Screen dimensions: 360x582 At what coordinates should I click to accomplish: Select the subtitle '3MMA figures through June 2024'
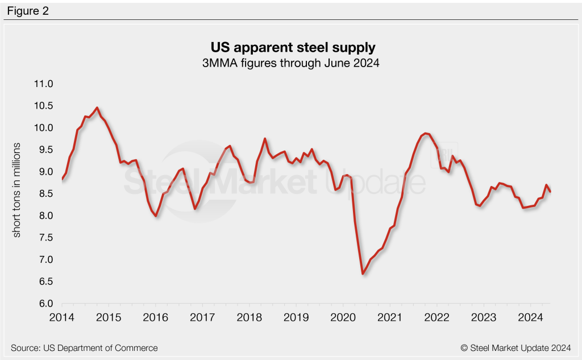tap(290, 64)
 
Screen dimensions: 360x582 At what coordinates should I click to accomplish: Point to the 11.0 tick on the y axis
tap(43, 84)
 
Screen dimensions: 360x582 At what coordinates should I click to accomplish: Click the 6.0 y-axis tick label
tap(45, 304)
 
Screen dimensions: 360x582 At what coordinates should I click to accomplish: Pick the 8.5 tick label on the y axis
tap(45, 194)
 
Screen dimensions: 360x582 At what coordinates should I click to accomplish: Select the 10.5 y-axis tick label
tap(43, 106)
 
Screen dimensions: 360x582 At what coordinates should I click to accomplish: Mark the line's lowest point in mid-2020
tap(363, 274)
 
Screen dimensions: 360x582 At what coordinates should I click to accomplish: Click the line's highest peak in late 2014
tap(97, 107)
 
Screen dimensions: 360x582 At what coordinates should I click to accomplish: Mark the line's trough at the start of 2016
tap(156, 216)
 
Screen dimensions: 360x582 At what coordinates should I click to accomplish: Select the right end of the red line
tap(550, 192)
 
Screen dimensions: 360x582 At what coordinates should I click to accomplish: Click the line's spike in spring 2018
tap(265, 139)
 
